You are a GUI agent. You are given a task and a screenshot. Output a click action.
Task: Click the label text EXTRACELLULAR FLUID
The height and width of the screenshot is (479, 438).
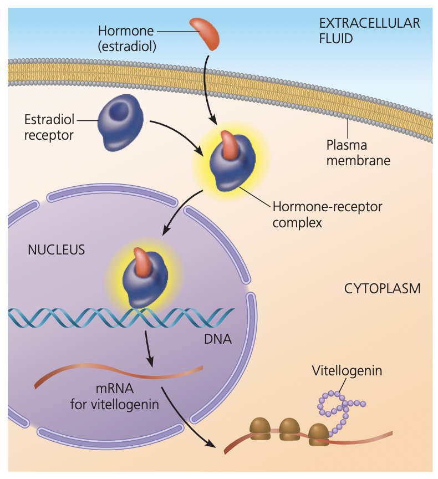[369, 31]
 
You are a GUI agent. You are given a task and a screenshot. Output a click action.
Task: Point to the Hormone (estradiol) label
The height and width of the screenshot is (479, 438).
[126, 38]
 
